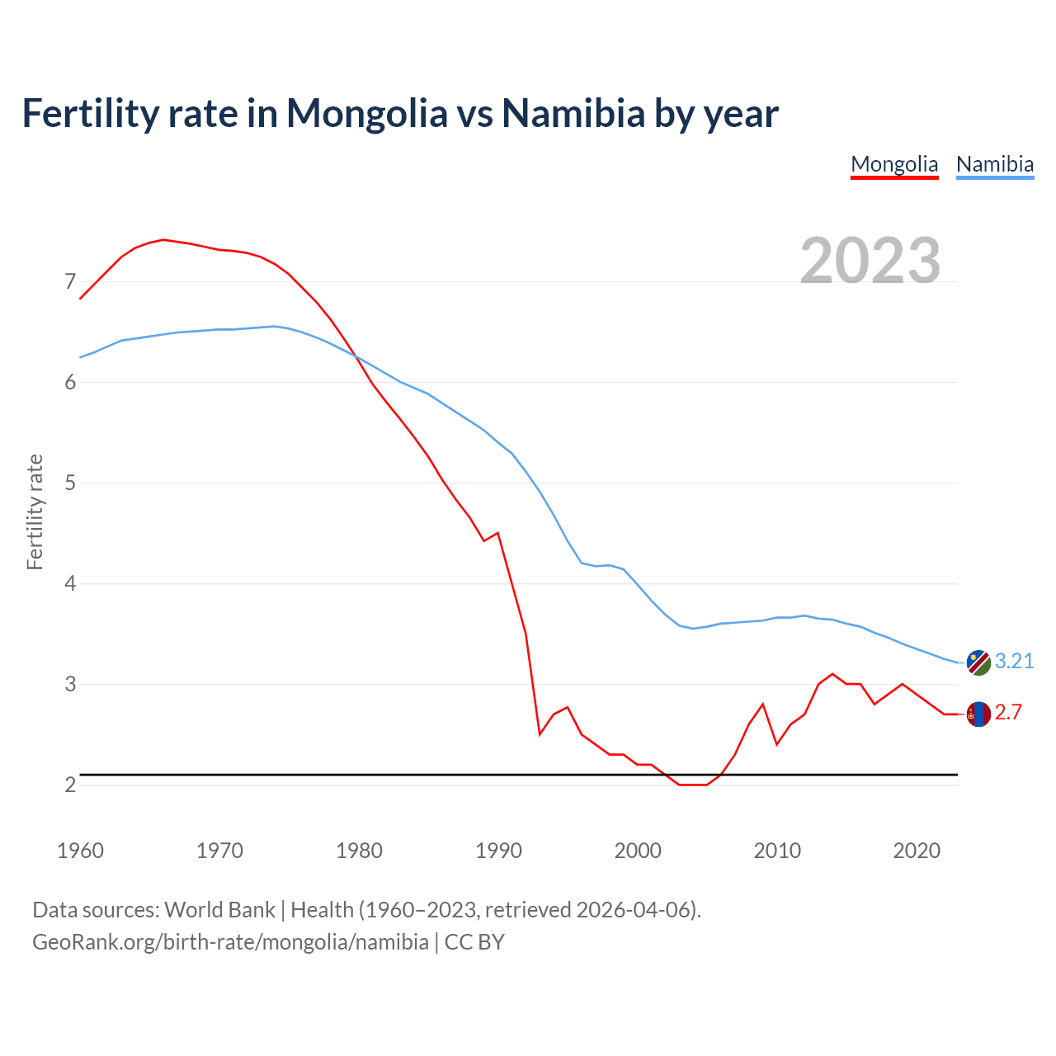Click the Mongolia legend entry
point(894,164)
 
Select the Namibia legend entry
point(994,164)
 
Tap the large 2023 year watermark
point(870,261)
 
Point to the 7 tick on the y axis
point(70,282)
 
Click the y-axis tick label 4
point(70,584)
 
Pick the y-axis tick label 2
point(70,785)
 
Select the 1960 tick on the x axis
point(80,851)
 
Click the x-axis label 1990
point(498,851)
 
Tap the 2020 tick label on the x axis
point(917,851)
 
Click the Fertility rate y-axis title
point(35,511)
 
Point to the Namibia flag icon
point(978,662)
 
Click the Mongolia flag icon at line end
point(978,714)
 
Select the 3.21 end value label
point(1014,662)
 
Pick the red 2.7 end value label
point(1008,713)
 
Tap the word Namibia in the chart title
point(573,114)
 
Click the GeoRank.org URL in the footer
point(230,942)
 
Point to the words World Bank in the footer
point(219,910)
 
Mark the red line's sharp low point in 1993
point(540,733)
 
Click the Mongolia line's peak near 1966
point(163,239)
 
